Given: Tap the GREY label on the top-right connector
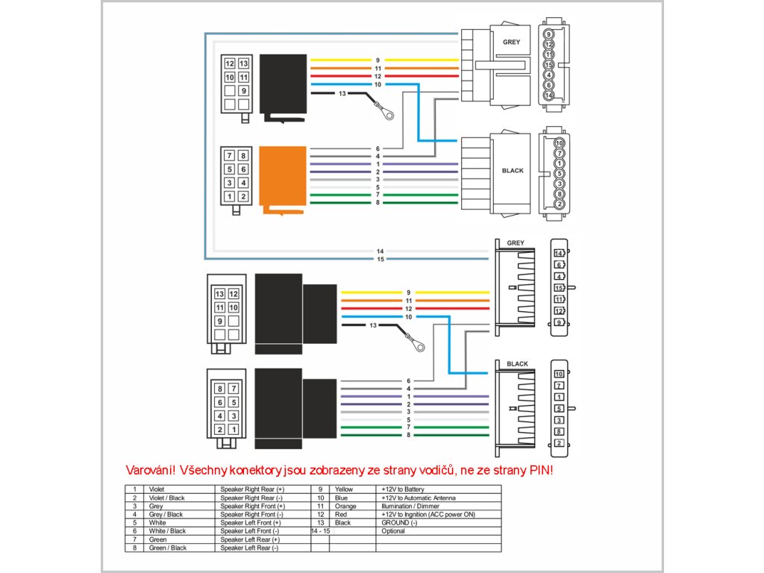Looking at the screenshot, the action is point(511,43).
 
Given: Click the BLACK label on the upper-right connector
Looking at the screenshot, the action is point(513,171).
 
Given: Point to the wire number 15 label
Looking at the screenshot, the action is point(381,259).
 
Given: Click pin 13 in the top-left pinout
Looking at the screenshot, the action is point(243,64).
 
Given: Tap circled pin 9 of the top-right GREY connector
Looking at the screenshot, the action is point(549,34).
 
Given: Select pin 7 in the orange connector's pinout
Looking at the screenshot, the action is point(230,156).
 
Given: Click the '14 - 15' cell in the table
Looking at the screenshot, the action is point(320,531).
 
